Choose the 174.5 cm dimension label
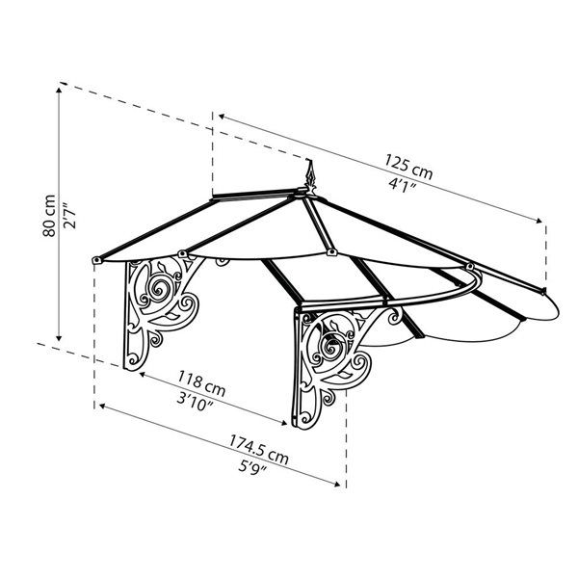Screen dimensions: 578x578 tap(258, 448)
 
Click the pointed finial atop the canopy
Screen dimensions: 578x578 tap(310, 175)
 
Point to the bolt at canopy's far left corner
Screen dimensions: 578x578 tap(96, 260)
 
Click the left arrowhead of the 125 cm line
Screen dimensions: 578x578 tap(220, 118)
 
